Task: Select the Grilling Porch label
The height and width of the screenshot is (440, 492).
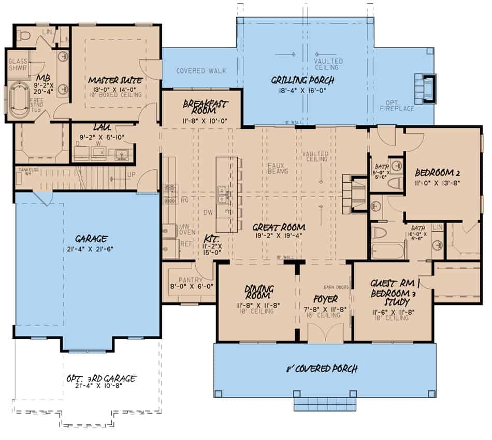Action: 303,80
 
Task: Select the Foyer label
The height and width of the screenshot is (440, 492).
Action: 325,299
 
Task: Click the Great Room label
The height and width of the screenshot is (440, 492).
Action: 278,227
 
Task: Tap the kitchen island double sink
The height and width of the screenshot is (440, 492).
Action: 223,195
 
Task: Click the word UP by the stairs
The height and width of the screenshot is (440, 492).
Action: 131,174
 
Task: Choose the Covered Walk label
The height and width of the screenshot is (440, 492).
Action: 201,70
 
